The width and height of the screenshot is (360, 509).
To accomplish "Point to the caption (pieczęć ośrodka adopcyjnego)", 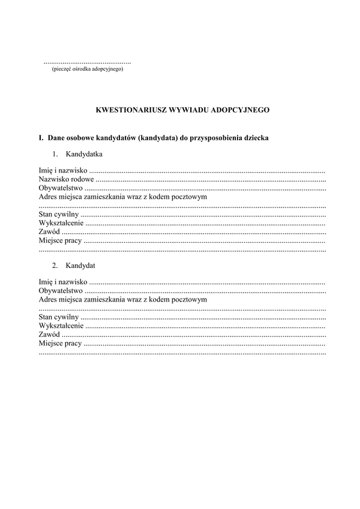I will pos(88,70).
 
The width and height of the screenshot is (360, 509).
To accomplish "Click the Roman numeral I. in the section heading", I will pos(41,138).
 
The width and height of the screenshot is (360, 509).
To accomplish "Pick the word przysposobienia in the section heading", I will pos(219,138).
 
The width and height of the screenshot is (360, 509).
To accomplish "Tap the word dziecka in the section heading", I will pos(257,138).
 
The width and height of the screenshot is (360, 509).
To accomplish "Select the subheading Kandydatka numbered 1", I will pos(84,154).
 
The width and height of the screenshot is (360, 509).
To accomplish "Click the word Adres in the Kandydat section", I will pos(48,299).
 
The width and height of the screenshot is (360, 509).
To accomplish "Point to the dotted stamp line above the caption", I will pos(88,62).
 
